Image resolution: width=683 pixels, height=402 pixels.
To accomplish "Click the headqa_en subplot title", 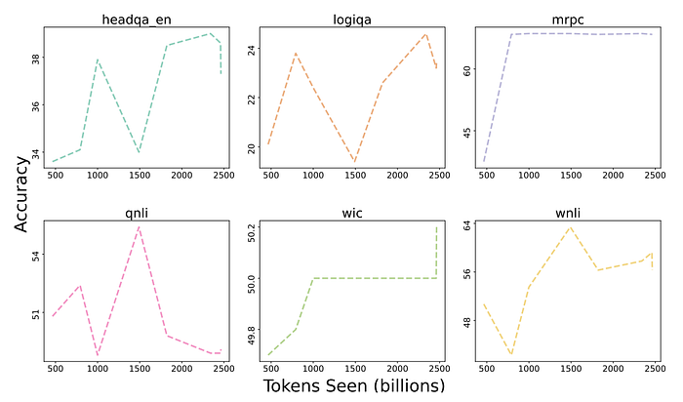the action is (x=137, y=20).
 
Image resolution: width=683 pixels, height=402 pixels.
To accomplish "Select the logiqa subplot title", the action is (x=352, y=20).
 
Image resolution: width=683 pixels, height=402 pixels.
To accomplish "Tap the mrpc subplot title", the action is (x=568, y=20).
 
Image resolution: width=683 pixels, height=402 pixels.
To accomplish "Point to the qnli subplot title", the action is (x=137, y=213).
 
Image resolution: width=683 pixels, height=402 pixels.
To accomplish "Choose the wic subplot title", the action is (x=352, y=213).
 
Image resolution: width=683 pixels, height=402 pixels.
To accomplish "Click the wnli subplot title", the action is (x=568, y=213).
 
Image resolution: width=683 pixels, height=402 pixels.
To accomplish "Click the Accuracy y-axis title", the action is (x=20, y=194).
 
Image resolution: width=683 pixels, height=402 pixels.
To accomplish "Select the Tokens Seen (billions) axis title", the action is (x=353, y=385).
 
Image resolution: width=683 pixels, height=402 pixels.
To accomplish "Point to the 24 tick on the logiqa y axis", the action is (x=252, y=50).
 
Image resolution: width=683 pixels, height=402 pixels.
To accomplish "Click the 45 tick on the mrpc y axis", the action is (x=467, y=131).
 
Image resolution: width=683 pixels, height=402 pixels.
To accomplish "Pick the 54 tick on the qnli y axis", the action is (x=36, y=256).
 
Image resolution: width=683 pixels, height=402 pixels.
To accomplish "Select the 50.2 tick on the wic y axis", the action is (x=252, y=233).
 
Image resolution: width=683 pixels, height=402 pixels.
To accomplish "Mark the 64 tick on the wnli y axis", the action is (x=467, y=225).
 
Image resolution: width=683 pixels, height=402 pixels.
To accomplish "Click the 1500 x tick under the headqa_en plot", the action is (x=140, y=175).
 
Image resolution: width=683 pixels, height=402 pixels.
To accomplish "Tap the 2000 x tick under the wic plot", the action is (x=398, y=369).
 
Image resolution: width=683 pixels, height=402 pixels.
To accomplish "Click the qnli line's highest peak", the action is (x=139, y=227).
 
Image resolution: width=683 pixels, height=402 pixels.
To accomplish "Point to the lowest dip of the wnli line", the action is (x=511, y=354).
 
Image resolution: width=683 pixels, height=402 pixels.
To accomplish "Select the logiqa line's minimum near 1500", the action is (x=355, y=162).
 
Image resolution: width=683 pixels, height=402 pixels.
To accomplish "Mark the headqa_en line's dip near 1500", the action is (x=139, y=152).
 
